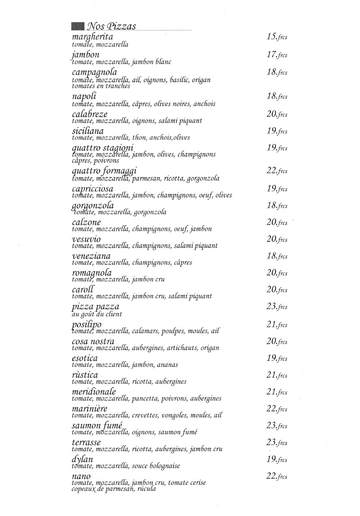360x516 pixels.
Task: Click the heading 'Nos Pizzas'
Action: [x=111, y=26]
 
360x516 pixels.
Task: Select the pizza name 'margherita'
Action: [x=92, y=37]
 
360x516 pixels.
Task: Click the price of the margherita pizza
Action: [x=277, y=37]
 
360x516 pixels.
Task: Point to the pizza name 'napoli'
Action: [x=84, y=97]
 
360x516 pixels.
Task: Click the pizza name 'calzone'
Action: [x=86, y=222]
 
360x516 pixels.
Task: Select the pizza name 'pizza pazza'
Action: [x=95, y=307]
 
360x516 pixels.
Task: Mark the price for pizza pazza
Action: [x=277, y=307]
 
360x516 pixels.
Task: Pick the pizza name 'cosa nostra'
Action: [x=93, y=341]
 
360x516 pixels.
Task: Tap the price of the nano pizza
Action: [x=277, y=476]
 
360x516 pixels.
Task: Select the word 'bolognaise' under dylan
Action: [x=164, y=466]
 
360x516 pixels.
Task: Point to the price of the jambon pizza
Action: [x=277, y=55]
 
